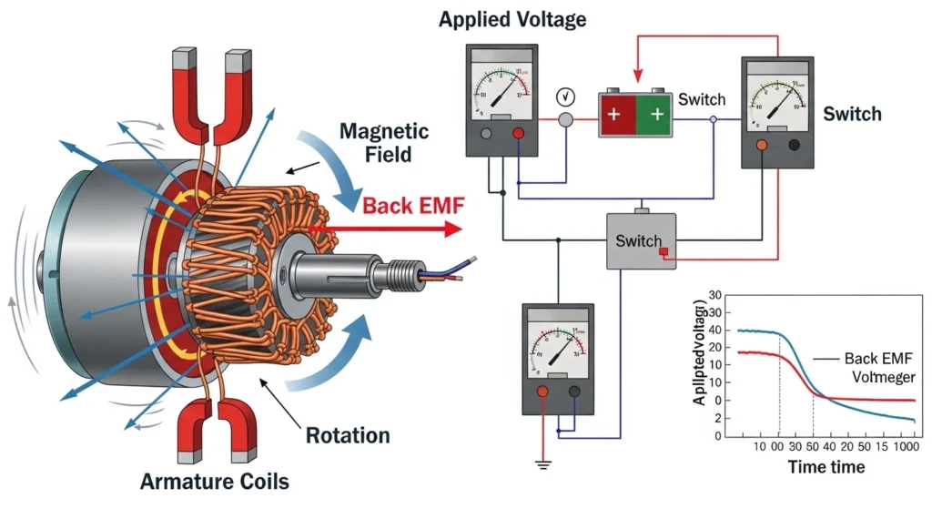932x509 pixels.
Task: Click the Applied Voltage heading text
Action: (512, 18)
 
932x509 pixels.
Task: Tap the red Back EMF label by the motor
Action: (414, 205)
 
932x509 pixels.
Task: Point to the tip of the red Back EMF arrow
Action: (461, 229)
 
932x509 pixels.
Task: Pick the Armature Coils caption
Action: (215, 480)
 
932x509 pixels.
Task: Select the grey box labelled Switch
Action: (641, 241)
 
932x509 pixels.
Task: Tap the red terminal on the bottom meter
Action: (543, 390)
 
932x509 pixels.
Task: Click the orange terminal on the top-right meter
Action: (762, 144)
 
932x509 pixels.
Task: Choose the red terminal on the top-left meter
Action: (518, 133)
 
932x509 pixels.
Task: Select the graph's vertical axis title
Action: (701, 355)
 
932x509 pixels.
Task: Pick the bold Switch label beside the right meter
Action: (852, 114)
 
